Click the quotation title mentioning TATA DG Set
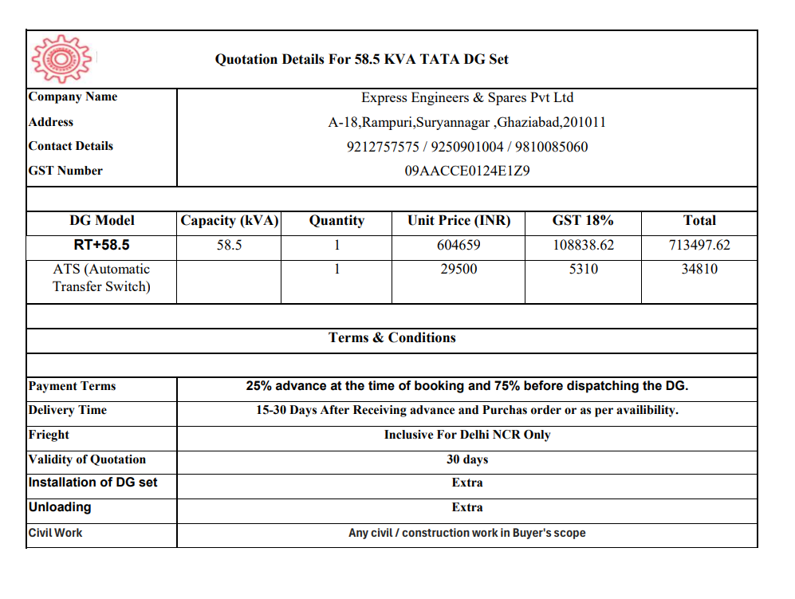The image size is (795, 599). click(x=361, y=59)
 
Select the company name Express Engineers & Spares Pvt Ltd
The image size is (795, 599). click(x=467, y=98)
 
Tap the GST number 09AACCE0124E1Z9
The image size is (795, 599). click(x=467, y=171)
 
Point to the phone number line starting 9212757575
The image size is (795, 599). click(x=467, y=147)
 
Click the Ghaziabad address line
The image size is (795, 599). click(x=467, y=123)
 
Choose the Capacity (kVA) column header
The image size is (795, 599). click(x=229, y=221)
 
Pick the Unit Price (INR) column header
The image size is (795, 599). click(x=459, y=221)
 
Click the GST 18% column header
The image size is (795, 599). click(x=583, y=221)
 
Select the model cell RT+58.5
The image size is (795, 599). click(x=101, y=245)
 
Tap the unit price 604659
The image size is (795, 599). click(x=459, y=245)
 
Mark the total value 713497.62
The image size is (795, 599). click(x=699, y=245)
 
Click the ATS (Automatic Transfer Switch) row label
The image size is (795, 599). click(x=101, y=278)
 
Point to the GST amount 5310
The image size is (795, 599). click(x=583, y=270)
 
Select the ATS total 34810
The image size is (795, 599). click(x=699, y=270)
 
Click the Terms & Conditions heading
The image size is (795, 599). click(x=392, y=338)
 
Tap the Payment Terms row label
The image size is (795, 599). click(x=72, y=386)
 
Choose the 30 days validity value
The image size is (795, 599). click(x=467, y=459)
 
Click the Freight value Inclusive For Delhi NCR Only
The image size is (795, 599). click(x=467, y=435)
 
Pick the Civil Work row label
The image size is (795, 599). click(x=55, y=533)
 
